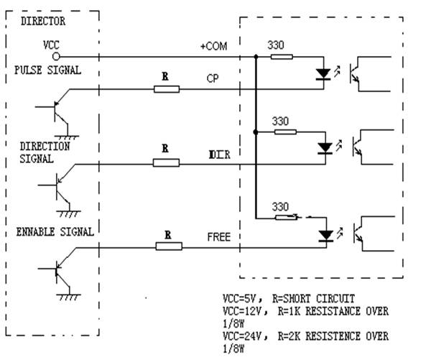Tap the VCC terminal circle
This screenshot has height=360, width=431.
(57, 55)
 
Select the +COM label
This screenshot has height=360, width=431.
(213, 46)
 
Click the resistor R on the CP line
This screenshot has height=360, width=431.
(167, 88)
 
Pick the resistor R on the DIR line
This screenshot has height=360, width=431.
(166, 163)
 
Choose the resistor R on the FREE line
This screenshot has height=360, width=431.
(169, 246)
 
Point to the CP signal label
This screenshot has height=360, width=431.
(213, 78)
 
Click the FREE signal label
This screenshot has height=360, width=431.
(218, 236)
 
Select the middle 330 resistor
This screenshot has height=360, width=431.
(285, 131)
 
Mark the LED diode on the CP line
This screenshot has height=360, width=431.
(325, 74)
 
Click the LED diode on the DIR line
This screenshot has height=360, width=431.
(325, 149)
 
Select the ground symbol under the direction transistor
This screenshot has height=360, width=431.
(69, 212)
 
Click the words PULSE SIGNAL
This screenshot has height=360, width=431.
(47, 70)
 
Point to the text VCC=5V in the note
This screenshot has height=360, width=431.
(239, 297)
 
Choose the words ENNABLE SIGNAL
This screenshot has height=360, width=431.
(55, 232)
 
